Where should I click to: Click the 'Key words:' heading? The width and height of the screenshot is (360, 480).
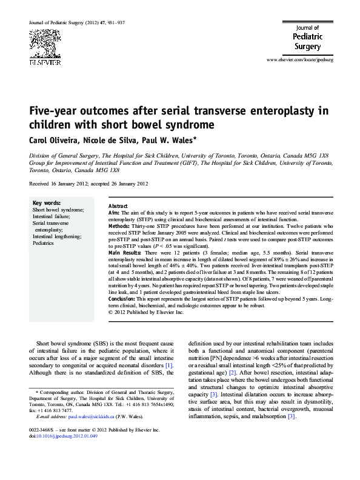click(46, 202)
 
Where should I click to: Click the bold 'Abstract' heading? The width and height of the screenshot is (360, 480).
click(118, 206)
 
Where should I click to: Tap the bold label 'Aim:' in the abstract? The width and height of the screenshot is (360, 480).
click(114, 213)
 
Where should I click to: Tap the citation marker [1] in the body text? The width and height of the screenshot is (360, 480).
click(169, 365)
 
